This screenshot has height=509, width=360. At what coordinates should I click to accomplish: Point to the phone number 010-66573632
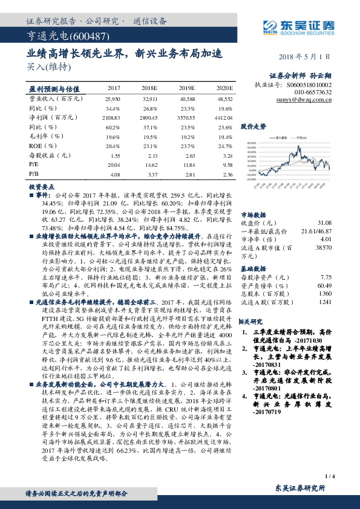click(x=313, y=94)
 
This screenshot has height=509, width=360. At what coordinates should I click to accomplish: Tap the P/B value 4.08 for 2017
click(x=114, y=174)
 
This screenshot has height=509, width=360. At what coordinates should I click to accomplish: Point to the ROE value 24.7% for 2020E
click(x=226, y=146)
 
